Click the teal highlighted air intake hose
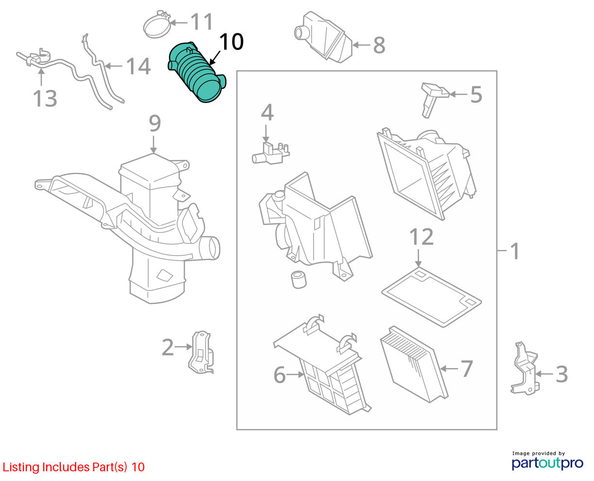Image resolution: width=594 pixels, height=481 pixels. tap(197, 72)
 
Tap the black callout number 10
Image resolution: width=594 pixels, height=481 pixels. tap(231, 42)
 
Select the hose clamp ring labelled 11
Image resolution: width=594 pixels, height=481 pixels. tap(157, 26)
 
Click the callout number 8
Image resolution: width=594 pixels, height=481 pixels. tap(379, 45)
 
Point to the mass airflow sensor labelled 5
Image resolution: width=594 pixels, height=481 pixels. tap(433, 99)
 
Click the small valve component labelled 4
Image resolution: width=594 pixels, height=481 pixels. tap(270, 153)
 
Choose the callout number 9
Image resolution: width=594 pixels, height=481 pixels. tap(155, 123)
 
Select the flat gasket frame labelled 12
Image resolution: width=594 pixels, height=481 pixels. tap(431, 297)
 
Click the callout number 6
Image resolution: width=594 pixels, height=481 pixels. tap(280, 375)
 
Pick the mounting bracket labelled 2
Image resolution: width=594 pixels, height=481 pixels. tap(201, 352)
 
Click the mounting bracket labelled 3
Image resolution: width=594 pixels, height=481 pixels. tap(524, 369)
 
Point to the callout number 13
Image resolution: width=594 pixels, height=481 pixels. tap(45, 98)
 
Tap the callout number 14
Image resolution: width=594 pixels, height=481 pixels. tap(138, 66)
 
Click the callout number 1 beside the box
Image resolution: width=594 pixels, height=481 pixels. tap(514, 251)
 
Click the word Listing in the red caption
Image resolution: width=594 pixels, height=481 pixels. tap(21, 467)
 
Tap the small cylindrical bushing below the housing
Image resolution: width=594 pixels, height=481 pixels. tap(298, 279)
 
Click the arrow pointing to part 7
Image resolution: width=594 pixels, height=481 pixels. tap(449, 369)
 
